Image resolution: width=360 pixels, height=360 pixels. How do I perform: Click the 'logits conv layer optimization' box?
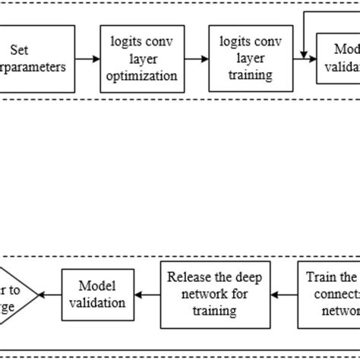click(145, 58)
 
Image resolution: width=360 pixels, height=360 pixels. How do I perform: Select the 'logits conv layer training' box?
click(240, 58)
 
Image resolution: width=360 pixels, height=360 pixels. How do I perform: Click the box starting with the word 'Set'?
click(38, 58)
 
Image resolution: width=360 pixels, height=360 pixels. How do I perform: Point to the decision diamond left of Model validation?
click(14, 294)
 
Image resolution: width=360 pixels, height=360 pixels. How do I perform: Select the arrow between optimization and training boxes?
click(194, 58)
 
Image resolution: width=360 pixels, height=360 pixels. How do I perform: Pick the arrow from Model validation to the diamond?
click(49, 294)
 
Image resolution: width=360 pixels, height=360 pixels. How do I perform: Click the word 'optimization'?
click(145, 76)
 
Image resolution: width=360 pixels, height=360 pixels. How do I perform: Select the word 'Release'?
click(188, 276)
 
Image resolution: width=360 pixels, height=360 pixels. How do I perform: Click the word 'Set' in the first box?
click(19, 50)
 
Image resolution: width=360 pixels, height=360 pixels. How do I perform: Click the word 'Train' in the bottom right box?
click(319, 276)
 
